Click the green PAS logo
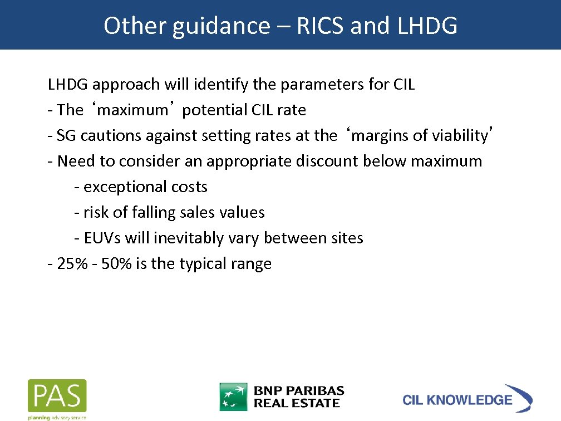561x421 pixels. (x=57, y=396)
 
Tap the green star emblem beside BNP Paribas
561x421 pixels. (x=233, y=396)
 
